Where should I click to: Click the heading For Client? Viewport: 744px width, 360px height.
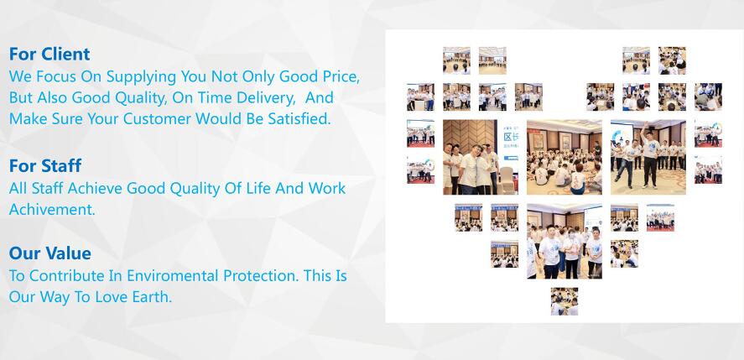49,55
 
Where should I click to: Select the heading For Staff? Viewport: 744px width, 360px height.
45,166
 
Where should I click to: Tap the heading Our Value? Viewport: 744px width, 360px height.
49,253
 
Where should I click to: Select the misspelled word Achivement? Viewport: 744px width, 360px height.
52,210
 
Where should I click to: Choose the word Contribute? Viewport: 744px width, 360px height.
66,275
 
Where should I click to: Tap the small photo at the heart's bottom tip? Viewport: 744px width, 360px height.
565,301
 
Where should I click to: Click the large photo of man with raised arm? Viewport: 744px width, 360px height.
648,157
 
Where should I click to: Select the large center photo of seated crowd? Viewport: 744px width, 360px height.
565,157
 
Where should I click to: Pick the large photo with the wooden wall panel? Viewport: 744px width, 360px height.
481,157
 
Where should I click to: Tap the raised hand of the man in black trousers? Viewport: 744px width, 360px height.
646,124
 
